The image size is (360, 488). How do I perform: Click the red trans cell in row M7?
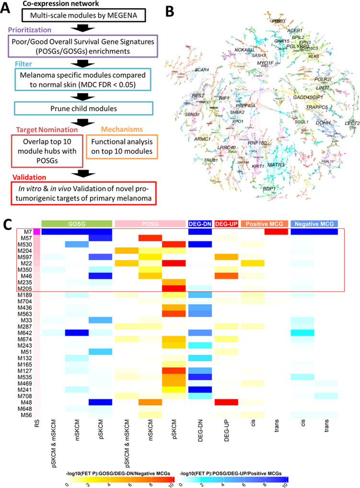[x=276, y=232]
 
